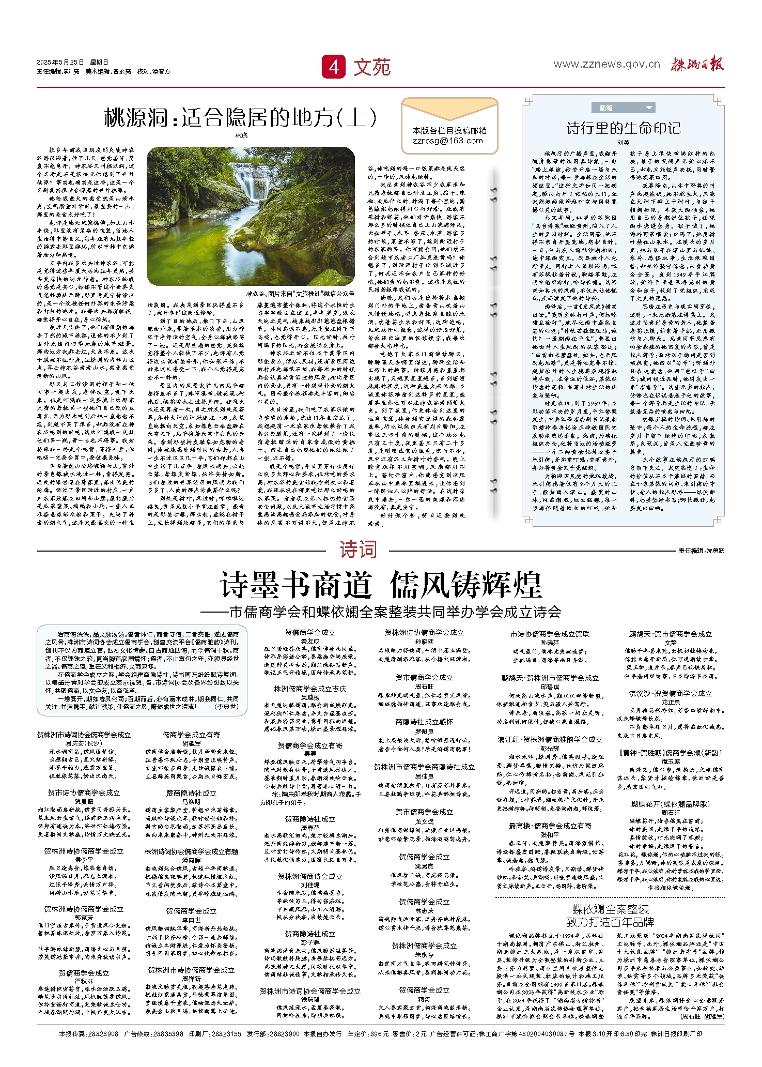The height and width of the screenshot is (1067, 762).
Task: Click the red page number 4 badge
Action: pos(334,67)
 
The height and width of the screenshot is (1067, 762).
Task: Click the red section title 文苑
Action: pos(372,67)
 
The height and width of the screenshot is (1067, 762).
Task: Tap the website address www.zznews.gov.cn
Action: pos(607,64)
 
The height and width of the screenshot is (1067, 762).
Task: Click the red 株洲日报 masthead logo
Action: pos(697,64)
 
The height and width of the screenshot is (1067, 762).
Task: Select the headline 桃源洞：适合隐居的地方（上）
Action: pos(241,118)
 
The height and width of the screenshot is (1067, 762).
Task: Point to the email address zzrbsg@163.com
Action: pos(448,141)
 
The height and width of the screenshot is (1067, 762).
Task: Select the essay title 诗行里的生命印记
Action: pos(623,128)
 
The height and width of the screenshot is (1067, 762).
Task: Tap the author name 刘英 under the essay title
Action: pos(623,142)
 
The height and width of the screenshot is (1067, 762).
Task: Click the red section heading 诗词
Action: pos(358,549)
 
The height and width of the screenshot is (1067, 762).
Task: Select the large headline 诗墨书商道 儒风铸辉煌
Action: pos(381,585)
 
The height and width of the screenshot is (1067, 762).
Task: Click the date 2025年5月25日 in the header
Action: pos(60,62)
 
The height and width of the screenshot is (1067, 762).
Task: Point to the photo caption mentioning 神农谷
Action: pos(300,294)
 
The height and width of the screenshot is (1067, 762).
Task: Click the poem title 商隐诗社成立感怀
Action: pos(424,722)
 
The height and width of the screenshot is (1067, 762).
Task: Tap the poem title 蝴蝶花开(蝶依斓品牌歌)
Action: pos(671,804)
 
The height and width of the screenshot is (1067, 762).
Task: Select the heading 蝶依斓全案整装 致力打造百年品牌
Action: pos(610,915)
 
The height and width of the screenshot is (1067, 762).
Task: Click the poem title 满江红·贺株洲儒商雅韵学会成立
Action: pos(550,740)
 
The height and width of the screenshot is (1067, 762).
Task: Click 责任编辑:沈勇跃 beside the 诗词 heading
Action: pos(701,551)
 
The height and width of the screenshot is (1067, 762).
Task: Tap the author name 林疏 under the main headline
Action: pos(241,135)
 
